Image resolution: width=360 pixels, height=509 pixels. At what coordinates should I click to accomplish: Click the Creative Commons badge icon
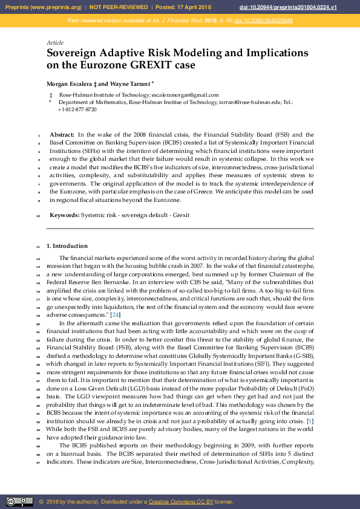click(x=19, y=502)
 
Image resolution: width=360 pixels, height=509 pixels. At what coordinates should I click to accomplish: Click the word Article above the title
click(x=54, y=43)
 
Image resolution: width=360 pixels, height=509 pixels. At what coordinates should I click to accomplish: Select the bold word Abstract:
click(x=62, y=135)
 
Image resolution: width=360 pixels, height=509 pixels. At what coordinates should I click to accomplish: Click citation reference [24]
click(x=116, y=315)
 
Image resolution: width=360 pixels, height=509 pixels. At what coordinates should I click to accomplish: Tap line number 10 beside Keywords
click(x=38, y=215)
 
